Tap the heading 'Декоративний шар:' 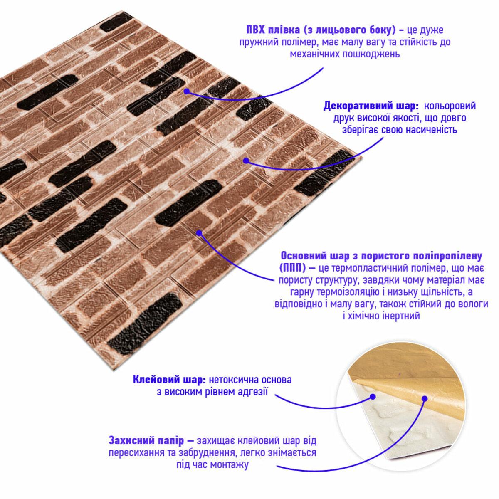(x=371, y=106)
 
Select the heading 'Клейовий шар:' (x=170, y=380)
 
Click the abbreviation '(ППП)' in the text (x=292, y=269)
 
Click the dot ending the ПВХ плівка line (x=187, y=91)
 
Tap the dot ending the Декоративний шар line (x=246, y=161)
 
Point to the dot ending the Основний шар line (x=199, y=233)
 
